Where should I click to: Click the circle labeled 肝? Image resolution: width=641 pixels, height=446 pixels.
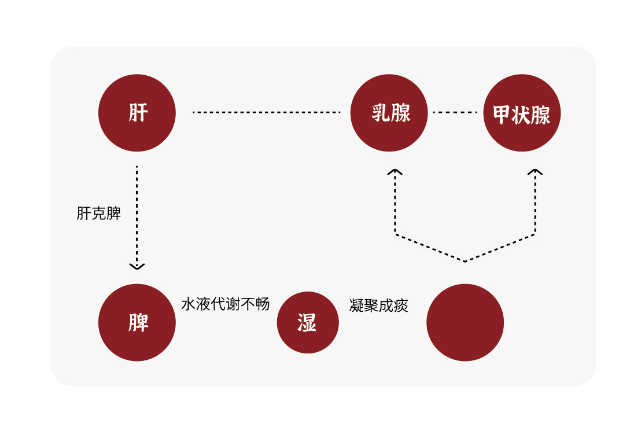(137, 113)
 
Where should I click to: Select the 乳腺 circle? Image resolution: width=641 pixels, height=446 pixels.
(389, 113)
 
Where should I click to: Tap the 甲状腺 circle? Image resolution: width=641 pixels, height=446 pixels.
(522, 113)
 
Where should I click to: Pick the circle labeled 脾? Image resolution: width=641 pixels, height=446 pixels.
(137, 322)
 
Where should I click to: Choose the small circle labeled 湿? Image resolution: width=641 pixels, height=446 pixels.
(308, 322)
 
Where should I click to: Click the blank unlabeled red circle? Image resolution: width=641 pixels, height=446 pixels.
(465, 322)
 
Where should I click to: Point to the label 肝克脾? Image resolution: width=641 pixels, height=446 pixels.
(98, 213)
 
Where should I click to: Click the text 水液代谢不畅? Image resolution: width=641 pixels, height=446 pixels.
(226, 304)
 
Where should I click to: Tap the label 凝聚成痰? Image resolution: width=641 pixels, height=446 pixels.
(379, 305)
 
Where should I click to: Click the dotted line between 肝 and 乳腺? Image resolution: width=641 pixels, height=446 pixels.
(266, 112)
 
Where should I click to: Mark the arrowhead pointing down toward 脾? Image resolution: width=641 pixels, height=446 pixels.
(137, 266)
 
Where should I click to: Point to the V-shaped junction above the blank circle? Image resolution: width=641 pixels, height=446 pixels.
(465, 260)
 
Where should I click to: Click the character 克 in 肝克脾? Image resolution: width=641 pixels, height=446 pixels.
(98, 213)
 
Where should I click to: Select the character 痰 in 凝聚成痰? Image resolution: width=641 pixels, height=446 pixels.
(401, 305)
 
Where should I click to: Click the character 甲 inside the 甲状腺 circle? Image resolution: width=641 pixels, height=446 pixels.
(500, 115)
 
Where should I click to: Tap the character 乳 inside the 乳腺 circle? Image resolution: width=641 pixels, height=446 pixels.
(380, 113)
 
